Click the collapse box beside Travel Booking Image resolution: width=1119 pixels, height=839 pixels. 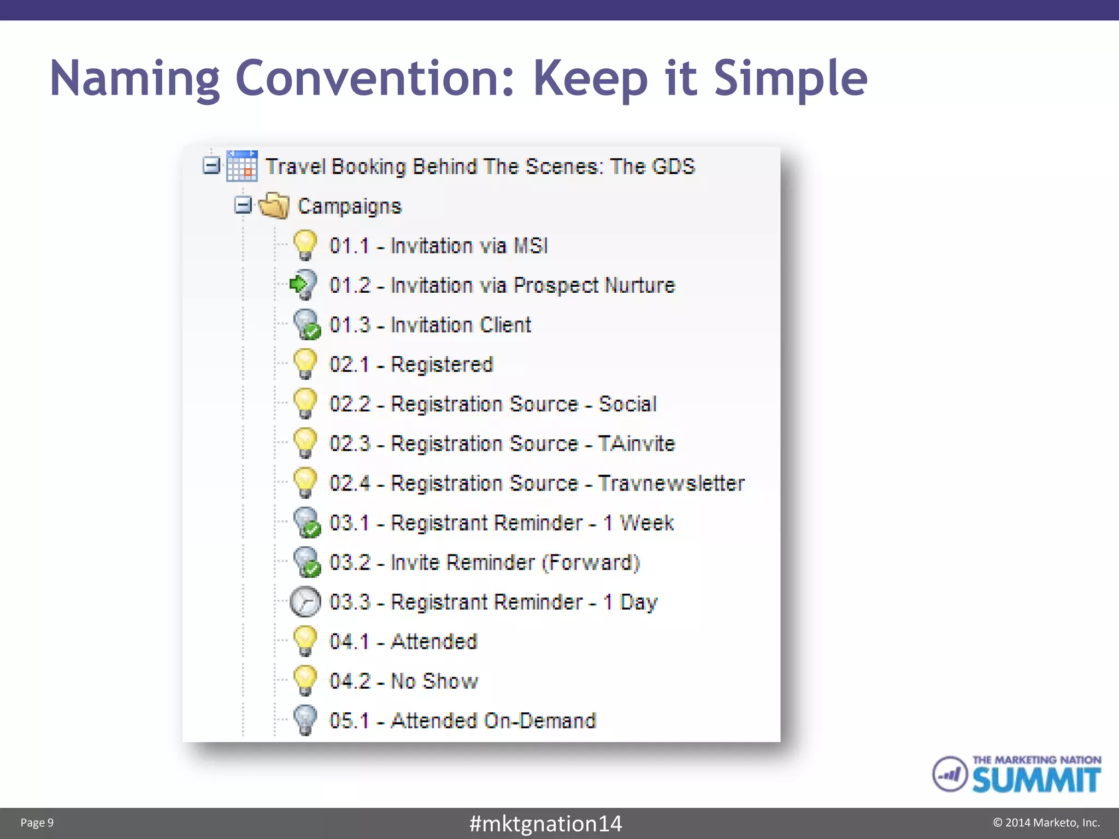211,166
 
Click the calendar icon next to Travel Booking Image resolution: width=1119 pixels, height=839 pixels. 242,166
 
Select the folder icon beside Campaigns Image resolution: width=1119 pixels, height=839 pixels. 274,206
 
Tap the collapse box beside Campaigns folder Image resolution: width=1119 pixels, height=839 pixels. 243,205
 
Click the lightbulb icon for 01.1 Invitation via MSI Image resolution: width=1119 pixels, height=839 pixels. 305,245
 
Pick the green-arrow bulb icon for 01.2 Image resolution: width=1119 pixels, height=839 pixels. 303,285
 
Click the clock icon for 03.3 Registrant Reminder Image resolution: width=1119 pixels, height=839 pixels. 305,601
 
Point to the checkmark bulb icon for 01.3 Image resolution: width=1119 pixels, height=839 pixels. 306,324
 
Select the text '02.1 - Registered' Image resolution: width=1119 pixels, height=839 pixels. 411,364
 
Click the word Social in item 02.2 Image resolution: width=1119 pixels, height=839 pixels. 627,404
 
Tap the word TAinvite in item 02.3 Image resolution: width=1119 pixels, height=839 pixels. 637,444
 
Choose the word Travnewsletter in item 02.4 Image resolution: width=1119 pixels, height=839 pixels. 671,483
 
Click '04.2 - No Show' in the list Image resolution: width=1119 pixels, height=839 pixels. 403,681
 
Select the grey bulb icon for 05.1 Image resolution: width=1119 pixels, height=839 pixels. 305,720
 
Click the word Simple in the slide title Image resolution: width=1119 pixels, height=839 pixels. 790,78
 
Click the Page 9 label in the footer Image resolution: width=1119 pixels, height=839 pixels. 37,823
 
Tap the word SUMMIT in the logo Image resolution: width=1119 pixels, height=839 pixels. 1036,780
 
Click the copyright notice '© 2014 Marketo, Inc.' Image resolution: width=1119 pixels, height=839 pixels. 1046,823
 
